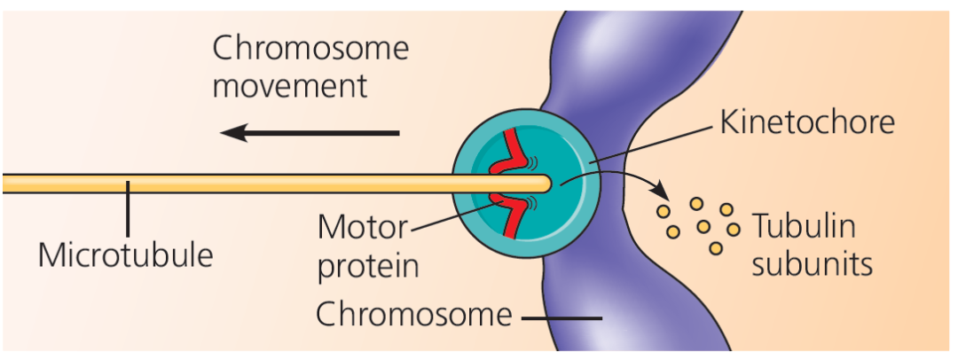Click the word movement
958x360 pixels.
click(289, 86)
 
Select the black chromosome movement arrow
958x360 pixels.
click(310, 133)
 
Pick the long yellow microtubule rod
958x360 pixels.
click(222, 184)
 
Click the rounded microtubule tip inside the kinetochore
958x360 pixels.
click(544, 184)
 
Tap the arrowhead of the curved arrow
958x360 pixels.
click(660, 192)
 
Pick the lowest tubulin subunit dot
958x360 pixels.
click(714, 248)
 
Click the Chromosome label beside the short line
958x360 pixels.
click(413, 314)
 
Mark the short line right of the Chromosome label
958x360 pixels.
click(561, 317)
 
